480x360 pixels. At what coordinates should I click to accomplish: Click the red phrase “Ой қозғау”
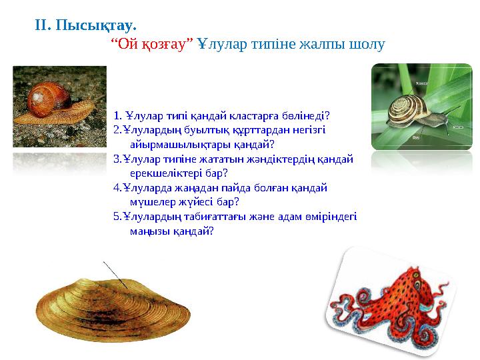coord(151,44)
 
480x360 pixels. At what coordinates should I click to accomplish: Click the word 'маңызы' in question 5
coord(150,231)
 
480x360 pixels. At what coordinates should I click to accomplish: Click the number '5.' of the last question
coord(117,216)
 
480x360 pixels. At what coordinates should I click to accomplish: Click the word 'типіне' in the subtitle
coord(280,44)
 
